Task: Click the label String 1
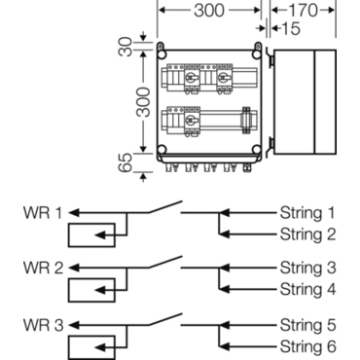tap(307, 213)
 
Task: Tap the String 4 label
tap(307, 289)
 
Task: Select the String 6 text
tap(307, 346)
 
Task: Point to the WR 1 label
tap(42, 213)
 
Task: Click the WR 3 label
tap(43, 325)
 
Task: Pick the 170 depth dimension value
tap(303, 10)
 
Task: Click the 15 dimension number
tap(291, 28)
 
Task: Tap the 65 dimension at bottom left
tap(126, 162)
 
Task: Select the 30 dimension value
tap(126, 48)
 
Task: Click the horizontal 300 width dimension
tap(209, 10)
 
